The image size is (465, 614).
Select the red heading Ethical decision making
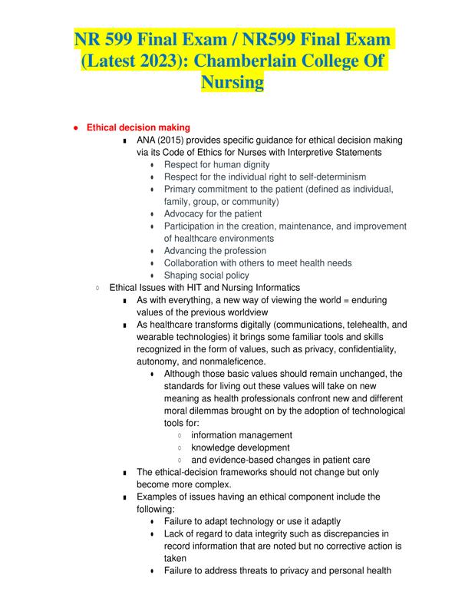coord(138,127)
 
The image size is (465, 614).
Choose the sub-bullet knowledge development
coord(240,447)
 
